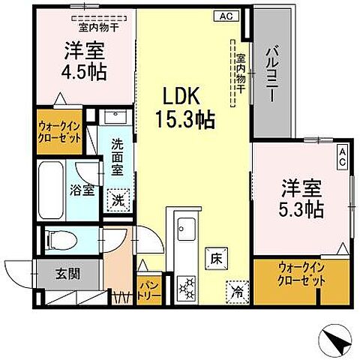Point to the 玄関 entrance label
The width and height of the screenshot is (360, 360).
click(61, 274)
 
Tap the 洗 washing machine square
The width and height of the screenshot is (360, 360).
click(118, 200)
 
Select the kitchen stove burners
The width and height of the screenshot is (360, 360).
click(186, 286)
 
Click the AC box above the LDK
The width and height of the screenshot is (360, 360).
click(226, 15)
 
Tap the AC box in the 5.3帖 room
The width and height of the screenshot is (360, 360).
click(341, 154)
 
